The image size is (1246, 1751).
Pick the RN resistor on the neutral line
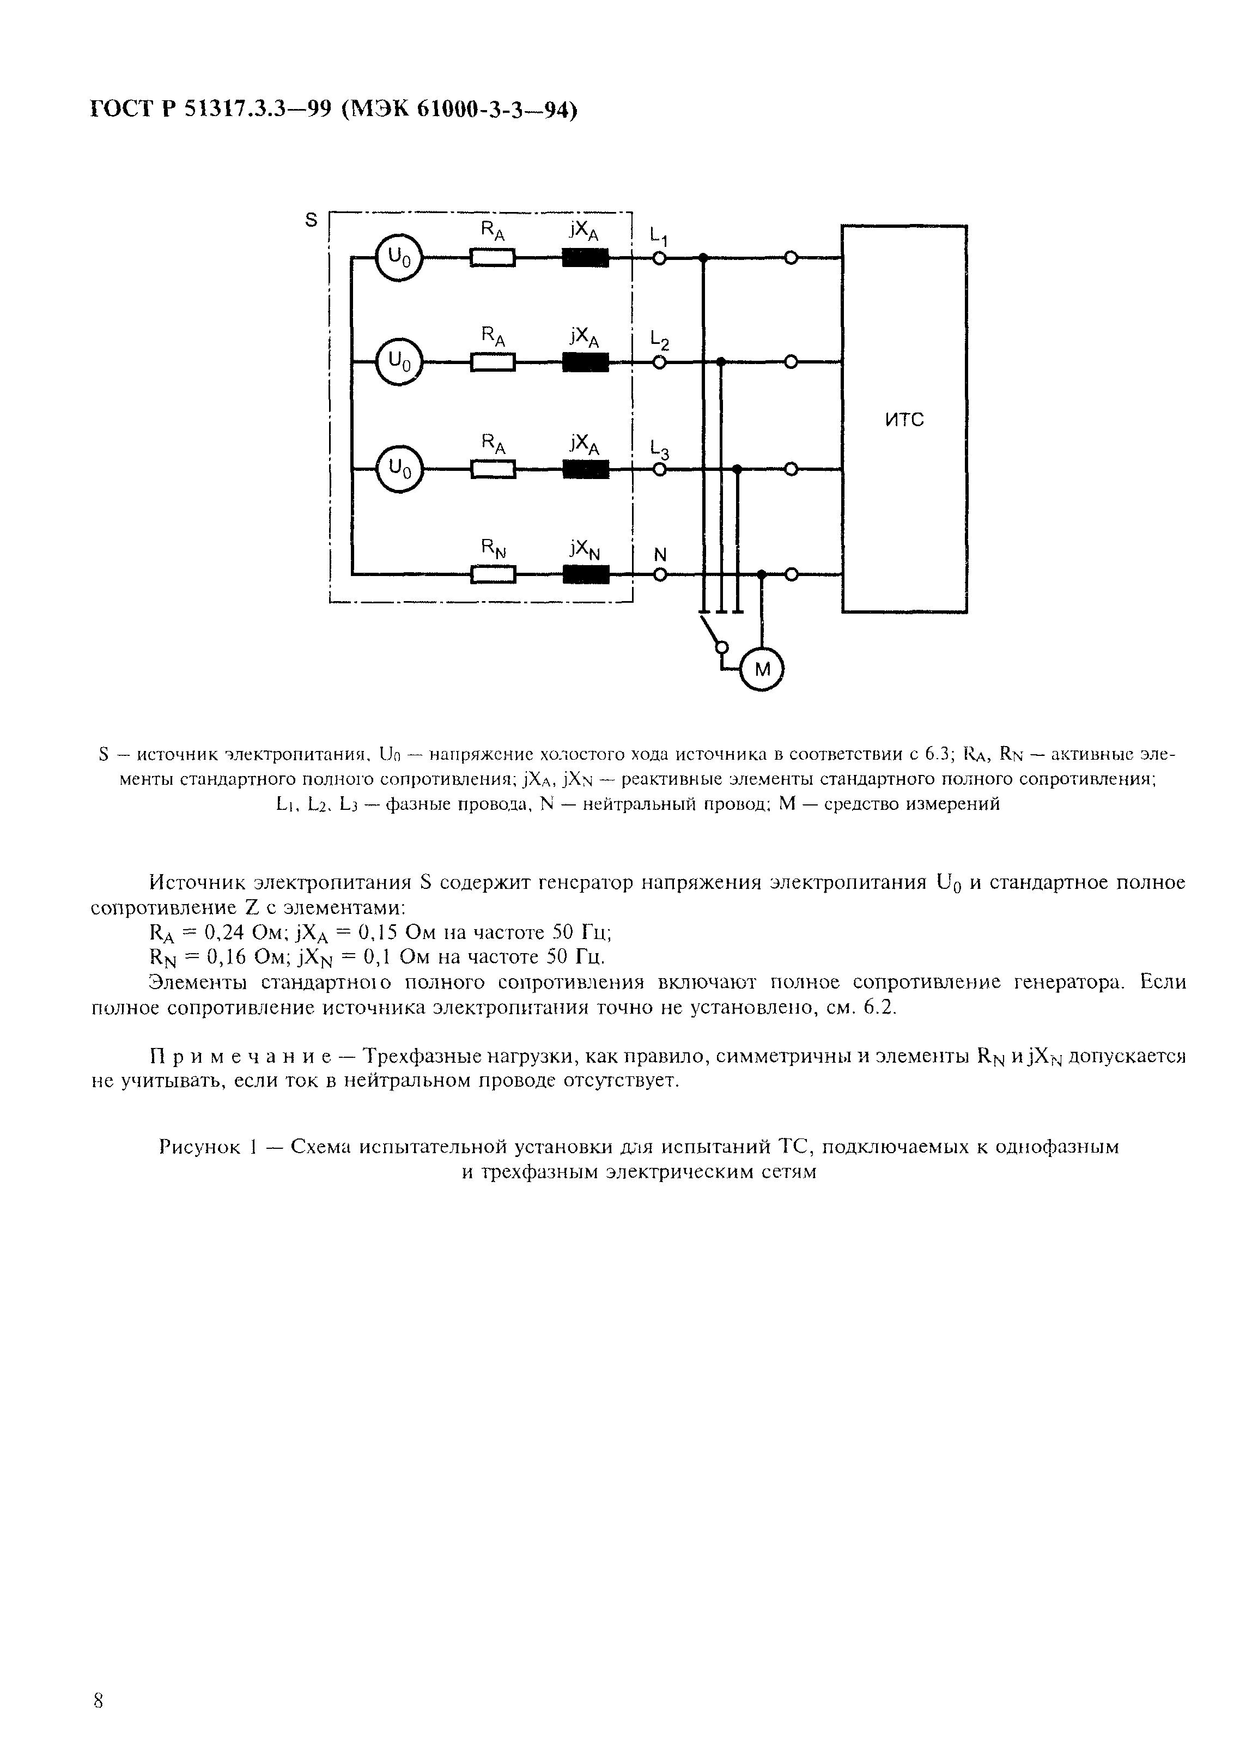coord(493,574)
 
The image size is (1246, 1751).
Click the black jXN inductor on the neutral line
coord(585,574)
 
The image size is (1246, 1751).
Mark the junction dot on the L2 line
coord(720,361)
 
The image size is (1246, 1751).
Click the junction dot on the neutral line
coord(761,574)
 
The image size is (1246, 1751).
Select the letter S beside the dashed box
coord(311,220)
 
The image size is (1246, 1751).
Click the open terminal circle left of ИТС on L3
coord(791,468)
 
